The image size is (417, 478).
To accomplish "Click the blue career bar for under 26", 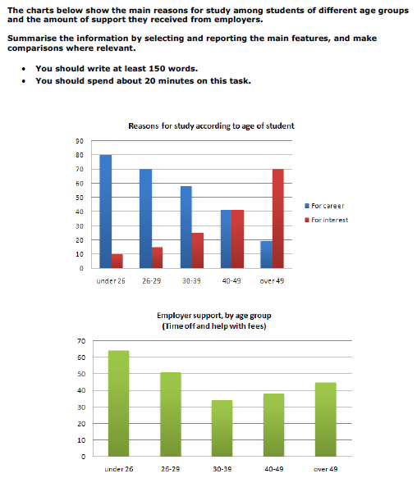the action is (106, 212).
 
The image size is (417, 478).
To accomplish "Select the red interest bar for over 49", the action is (277, 219).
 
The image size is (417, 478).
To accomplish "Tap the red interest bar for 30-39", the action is (198, 251).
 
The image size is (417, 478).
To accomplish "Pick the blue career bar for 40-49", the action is (227, 239).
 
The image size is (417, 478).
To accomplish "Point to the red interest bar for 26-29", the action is (157, 258).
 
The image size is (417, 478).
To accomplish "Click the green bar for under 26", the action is (118, 403).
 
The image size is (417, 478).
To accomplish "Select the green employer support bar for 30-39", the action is (222, 428).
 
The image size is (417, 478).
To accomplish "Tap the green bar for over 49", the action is (326, 420).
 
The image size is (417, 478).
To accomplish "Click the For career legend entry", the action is (324, 206).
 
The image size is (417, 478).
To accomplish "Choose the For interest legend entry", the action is (327, 220).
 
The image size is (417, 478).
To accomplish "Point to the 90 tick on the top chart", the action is (80, 141).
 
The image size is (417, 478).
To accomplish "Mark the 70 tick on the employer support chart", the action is (81, 341).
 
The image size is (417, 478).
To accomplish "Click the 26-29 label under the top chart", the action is (151, 280).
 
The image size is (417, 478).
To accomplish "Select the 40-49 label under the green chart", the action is (274, 469).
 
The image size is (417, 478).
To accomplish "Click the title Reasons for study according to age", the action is (211, 126).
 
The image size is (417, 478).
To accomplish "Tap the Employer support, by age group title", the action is (214, 316).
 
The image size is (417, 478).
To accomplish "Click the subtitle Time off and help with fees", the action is (214, 326).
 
